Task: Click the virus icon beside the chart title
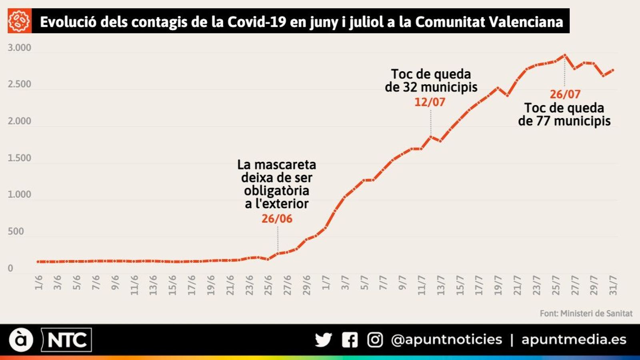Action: pos(19,21)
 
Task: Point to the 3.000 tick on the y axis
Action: pos(19,48)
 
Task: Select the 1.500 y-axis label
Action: pos(19,158)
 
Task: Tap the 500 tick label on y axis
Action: pos(16,232)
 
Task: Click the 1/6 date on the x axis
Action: pos(39,282)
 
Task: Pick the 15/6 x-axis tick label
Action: pos(173,285)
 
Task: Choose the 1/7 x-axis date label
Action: pos(326,282)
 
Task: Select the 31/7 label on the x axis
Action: pos(613,285)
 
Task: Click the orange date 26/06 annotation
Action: pos(277,219)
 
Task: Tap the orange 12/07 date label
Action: pos(430,102)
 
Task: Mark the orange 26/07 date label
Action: pos(565,94)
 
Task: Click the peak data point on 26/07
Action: pos(564,55)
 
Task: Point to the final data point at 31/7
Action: pos(613,70)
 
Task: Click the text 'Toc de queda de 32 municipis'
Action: pos(431,80)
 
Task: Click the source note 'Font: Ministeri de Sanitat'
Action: pos(586,314)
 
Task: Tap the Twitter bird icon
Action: pos(323,340)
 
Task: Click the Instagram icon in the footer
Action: pos(375,340)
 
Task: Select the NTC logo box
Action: pos(66,340)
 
